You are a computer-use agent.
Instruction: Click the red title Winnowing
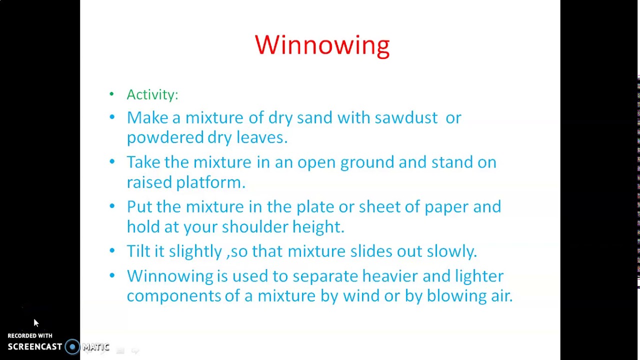[322, 45]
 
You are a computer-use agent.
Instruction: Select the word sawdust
[405, 117]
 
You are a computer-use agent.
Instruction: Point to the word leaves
[261, 137]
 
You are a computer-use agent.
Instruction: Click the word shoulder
[254, 227]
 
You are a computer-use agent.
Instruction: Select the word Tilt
[138, 251]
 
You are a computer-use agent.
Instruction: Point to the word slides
[371, 251]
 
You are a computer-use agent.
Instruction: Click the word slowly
[451, 251]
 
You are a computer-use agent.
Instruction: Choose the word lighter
[478, 276]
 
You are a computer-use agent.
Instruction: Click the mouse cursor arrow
[36, 323]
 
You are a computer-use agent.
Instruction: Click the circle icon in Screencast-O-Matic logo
[72, 346]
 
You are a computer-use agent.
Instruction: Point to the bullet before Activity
[111, 94]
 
